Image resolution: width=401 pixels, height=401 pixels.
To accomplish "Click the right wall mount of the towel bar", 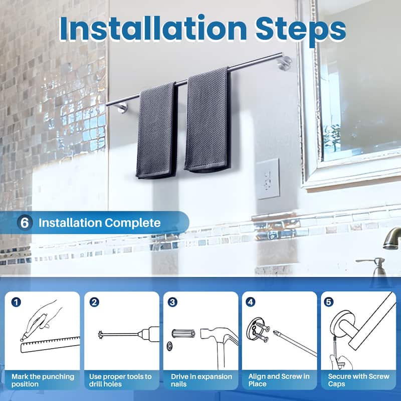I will click(x=285, y=63).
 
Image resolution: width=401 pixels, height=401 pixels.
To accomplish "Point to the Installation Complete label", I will click(x=99, y=223).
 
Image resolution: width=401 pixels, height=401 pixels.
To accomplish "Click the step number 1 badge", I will click(x=17, y=302).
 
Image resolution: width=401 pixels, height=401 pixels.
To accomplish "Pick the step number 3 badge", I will click(x=172, y=302).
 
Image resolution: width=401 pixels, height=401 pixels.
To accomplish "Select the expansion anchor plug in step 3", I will click(x=182, y=334).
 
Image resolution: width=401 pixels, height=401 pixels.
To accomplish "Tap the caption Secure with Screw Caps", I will click(x=358, y=380).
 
